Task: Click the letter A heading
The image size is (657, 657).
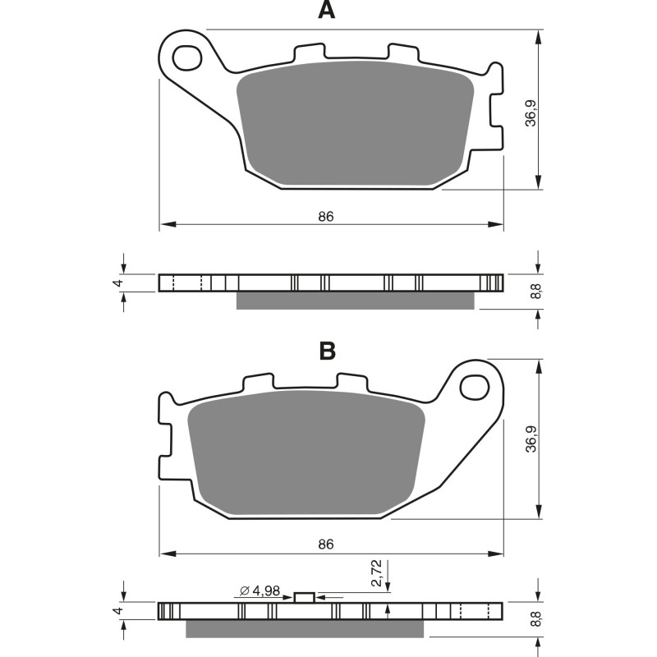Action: tap(327, 11)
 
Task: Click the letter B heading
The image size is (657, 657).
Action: tap(327, 351)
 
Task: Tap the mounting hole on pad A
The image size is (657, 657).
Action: tap(188, 57)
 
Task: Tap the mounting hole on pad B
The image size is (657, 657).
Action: tap(474, 385)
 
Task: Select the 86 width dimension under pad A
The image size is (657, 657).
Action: tap(326, 217)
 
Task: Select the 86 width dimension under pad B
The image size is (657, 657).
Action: tap(326, 544)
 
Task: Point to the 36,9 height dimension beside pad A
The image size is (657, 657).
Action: tap(532, 112)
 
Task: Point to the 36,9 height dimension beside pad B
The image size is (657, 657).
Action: tap(532, 440)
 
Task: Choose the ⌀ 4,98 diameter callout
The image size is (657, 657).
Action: tap(256, 590)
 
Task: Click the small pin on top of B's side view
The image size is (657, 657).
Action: tap(305, 597)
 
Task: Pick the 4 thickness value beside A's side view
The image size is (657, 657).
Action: tap(118, 283)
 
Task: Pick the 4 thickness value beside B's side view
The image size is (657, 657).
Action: tap(118, 612)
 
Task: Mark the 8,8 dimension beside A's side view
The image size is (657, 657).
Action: tap(535, 291)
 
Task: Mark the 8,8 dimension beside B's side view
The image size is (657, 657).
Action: tap(535, 620)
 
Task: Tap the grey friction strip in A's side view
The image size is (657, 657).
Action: tap(355, 301)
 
